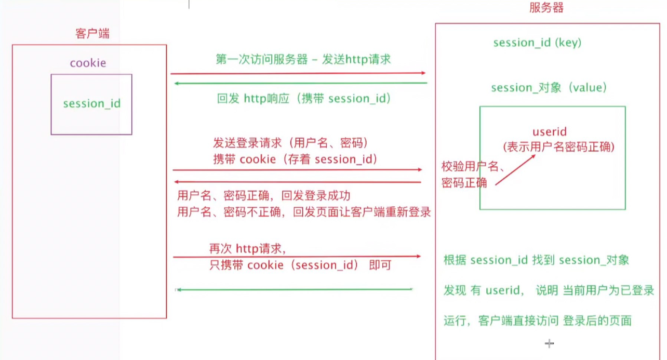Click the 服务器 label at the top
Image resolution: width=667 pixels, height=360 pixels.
click(546, 8)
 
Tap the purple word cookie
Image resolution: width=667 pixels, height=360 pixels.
click(88, 63)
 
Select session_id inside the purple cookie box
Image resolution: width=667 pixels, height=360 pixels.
click(91, 103)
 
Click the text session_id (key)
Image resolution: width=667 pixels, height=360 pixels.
click(537, 43)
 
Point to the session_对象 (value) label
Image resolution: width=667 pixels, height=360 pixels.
click(549, 88)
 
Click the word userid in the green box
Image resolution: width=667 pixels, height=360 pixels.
click(550, 132)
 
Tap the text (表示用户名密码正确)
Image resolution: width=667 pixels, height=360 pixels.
click(558, 147)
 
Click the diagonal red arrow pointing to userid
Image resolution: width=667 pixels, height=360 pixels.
click(514, 169)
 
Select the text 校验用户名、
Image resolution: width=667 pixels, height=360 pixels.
click(470, 167)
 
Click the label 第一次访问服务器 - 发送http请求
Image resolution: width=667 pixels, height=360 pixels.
click(303, 59)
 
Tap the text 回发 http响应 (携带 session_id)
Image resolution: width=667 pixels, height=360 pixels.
click(303, 99)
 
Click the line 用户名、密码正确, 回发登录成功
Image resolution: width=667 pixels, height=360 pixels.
click(264, 196)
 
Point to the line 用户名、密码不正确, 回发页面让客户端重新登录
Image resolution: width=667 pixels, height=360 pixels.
click(304, 212)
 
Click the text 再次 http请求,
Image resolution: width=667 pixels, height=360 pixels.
click(247, 248)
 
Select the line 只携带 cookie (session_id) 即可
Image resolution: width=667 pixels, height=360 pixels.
click(300, 265)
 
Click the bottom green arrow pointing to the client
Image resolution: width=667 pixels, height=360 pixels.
click(295, 289)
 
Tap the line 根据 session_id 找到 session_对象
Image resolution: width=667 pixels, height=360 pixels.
click(536, 260)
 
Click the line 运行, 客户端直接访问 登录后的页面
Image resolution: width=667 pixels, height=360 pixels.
click(538, 321)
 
